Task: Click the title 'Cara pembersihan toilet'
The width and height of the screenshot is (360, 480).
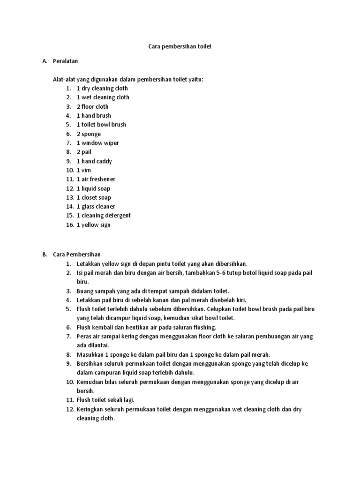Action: (180, 47)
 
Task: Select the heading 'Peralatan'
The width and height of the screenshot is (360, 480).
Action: (66, 61)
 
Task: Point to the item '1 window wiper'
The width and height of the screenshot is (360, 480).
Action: (97, 143)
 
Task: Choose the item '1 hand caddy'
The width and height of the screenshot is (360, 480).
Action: (94, 161)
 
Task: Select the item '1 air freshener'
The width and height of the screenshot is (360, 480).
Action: (96, 179)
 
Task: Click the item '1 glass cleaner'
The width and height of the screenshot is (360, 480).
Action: (96, 206)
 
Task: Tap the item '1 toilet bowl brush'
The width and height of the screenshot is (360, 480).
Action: (101, 125)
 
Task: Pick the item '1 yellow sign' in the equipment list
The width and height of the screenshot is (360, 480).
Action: (94, 225)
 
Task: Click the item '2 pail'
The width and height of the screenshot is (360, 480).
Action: (85, 152)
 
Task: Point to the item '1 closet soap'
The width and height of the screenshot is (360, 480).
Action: (94, 197)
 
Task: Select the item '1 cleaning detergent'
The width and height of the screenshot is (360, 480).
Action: (104, 216)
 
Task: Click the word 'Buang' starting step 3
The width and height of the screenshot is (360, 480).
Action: (85, 291)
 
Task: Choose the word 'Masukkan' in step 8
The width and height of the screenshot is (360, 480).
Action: (90, 355)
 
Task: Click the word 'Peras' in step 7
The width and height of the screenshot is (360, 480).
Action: (84, 337)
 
